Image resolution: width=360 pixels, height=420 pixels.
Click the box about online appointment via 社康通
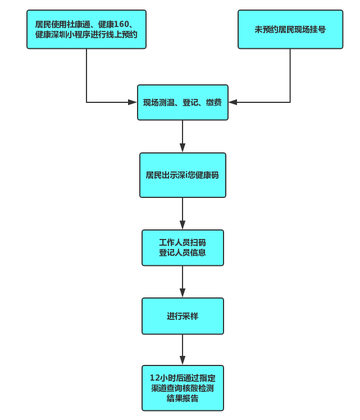point(86,29)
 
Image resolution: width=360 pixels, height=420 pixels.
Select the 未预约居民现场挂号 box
point(290,29)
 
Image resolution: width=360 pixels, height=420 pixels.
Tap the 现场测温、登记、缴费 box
point(183,102)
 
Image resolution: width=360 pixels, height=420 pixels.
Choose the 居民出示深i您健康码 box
point(183,175)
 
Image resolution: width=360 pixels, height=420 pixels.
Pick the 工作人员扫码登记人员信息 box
point(183,248)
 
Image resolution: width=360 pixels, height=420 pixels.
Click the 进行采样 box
point(183,316)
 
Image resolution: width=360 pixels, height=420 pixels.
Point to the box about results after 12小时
point(183,388)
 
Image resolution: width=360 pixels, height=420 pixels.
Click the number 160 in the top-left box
point(121,24)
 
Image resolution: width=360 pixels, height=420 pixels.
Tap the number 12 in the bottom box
point(154,378)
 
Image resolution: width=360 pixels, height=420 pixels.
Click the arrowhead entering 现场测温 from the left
point(133,102)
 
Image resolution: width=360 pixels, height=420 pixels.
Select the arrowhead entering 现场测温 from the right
point(233,102)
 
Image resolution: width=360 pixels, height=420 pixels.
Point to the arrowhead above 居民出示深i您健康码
point(183,148)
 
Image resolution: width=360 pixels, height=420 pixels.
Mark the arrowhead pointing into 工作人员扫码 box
point(183,225)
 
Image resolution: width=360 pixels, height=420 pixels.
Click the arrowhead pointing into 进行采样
point(183,293)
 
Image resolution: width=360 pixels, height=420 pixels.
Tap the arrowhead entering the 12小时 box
point(183,360)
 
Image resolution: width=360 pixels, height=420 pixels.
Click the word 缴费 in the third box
point(214,102)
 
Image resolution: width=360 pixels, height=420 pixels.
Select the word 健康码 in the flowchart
point(207,175)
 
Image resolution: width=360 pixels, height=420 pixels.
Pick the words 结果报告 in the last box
point(183,398)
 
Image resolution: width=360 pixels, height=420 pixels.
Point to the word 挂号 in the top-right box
point(318,29)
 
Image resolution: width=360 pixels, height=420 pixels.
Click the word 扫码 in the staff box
point(198,243)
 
